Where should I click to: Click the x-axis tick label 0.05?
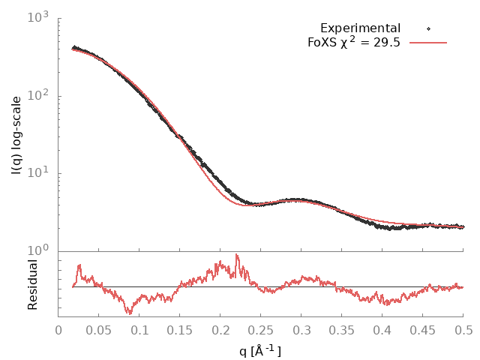pos(99,330)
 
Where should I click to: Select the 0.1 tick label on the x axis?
pos(139,330)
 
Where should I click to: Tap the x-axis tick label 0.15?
pos(180,330)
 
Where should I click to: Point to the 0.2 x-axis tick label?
pos(220,330)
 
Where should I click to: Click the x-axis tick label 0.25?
pos(261,330)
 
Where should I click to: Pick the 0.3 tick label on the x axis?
pos(301,330)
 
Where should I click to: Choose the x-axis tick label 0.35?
pos(342,330)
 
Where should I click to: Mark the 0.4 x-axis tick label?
pos(382,330)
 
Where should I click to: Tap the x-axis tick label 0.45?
pos(423,330)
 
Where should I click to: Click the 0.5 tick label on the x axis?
pos(463,330)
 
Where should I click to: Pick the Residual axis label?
pos(32,284)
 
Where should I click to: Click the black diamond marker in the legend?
pos(428,28)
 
